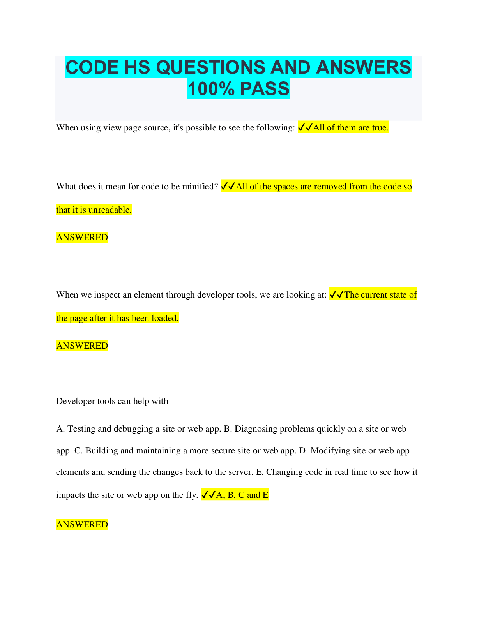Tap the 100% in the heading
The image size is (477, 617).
coord(211,89)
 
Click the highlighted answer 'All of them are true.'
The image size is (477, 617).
coord(350,128)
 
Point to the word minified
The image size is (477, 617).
coord(200,187)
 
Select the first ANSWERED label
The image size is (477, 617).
coord(82,238)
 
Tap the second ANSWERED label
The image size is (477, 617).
coord(82,346)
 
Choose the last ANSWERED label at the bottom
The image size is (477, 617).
coord(82,525)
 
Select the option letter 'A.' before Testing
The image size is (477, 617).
coord(60,429)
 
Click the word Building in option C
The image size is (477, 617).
coord(101,451)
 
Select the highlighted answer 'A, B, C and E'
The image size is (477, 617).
coord(242,495)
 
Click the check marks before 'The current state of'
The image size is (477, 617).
coord(336,295)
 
